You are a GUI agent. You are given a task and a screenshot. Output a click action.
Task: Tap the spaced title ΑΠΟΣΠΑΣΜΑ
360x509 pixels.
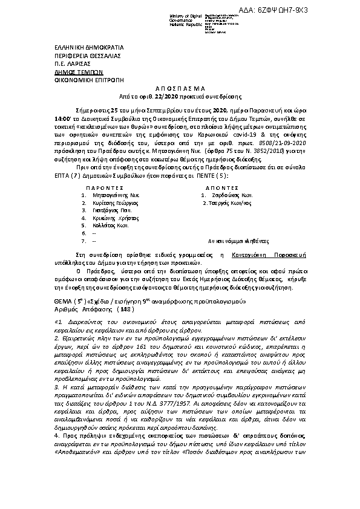pyautogui.click(x=179, y=88)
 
